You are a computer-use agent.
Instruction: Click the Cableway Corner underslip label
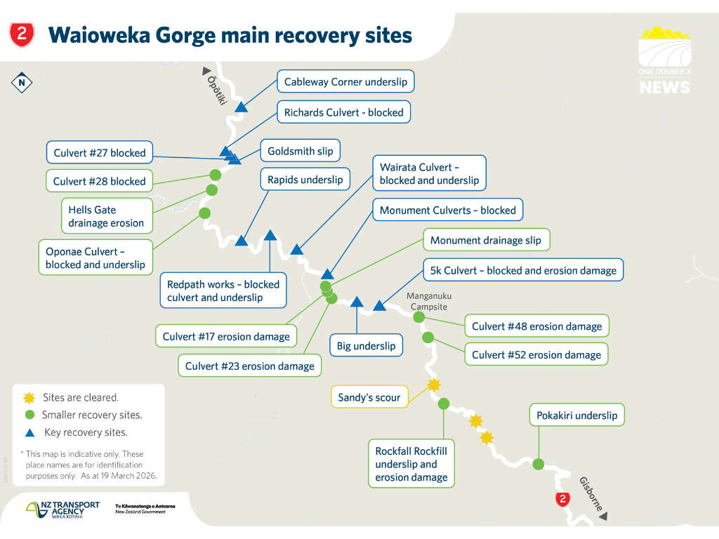tap(345, 82)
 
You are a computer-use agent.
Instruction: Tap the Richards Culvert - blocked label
tap(343, 112)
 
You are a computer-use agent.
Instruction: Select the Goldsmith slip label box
tap(300, 150)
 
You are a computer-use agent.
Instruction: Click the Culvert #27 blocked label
tap(100, 153)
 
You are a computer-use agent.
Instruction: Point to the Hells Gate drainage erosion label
tap(106, 216)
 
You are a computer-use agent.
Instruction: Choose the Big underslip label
tap(366, 345)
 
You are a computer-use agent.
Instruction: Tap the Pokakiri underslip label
tap(576, 415)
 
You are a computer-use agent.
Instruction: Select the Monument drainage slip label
tap(486, 241)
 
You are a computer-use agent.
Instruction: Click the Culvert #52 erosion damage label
tap(536, 354)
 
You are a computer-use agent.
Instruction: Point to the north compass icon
tap(22, 83)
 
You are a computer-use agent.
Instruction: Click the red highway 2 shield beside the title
tap(22, 34)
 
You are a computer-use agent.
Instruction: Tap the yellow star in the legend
tap(28, 398)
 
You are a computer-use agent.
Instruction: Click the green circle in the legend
tap(28, 415)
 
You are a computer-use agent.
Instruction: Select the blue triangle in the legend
tap(28, 432)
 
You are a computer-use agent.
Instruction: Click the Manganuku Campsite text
tap(427, 302)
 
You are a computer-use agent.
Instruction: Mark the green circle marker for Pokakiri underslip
tap(539, 464)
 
